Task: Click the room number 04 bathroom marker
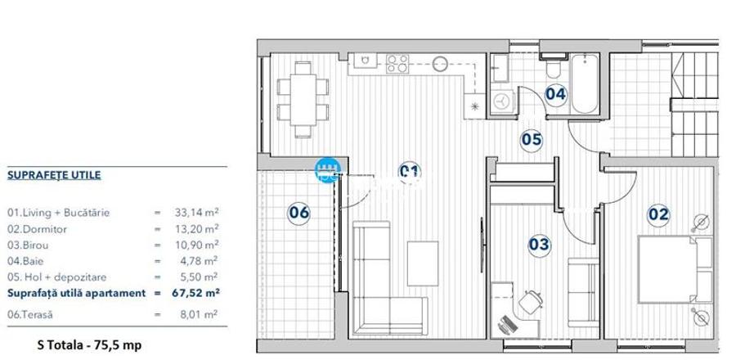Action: (555, 93)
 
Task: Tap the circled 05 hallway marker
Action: (532, 139)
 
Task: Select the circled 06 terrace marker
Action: (299, 213)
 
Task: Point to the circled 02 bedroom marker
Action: (658, 215)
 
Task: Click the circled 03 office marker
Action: (539, 244)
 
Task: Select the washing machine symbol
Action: (501, 100)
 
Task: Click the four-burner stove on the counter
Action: (397, 62)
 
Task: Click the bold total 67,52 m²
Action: (197, 293)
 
